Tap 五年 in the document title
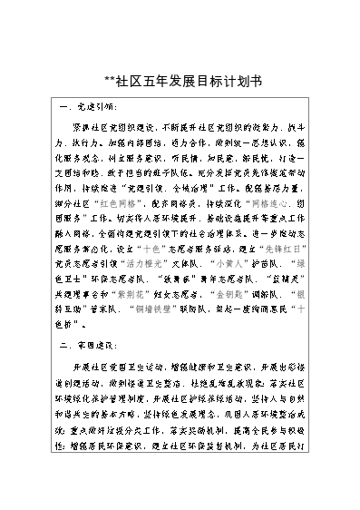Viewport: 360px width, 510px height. pyautogui.click(x=152, y=80)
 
